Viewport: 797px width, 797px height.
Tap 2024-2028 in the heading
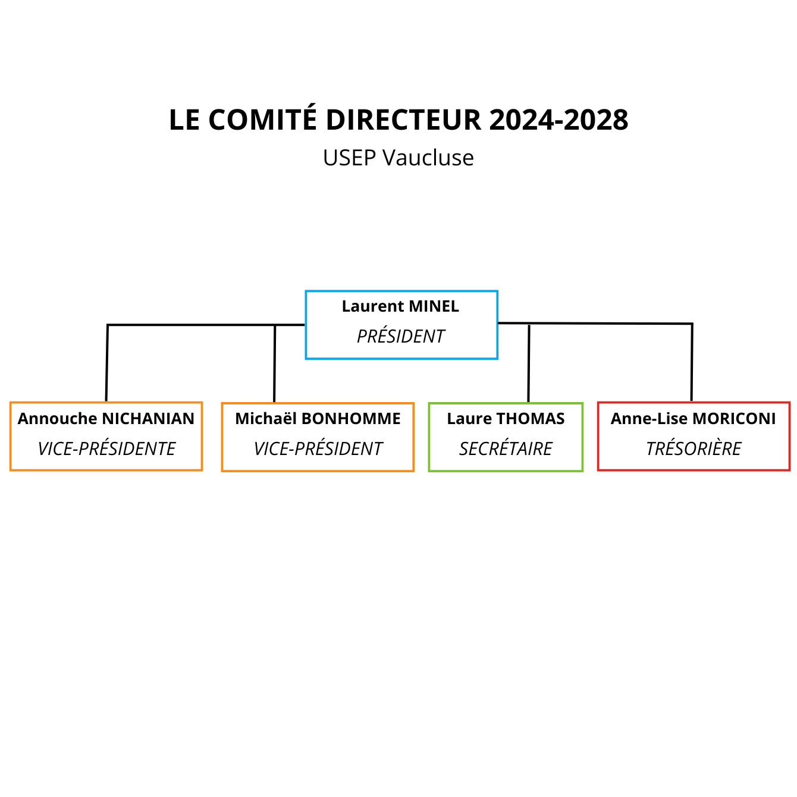(558, 120)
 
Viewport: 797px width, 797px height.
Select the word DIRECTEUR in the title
(403, 120)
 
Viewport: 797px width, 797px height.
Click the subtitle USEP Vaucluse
(398, 158)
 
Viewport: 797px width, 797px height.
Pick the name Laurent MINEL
(400, 306)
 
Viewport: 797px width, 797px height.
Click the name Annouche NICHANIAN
(106, 419)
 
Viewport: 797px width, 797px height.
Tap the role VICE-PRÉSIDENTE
(106, 448)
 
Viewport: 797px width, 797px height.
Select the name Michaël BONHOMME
(318, 419)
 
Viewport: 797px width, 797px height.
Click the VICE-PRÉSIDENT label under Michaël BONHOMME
(317, 448)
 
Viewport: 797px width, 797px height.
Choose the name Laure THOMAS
(506, 419)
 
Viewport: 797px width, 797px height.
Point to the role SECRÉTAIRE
(506, 448)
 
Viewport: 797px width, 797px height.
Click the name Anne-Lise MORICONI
(693, 419)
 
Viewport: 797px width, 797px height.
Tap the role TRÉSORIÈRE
(693, 448)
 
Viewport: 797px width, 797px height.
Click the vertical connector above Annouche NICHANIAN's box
(107, 363)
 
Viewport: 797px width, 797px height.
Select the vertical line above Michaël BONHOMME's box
(275, 363)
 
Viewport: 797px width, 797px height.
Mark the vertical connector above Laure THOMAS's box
(529, 363)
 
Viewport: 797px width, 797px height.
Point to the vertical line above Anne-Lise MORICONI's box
(692, 362)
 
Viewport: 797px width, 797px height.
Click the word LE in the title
(184, 120)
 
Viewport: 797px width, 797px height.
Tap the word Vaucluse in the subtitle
(428, 158)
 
